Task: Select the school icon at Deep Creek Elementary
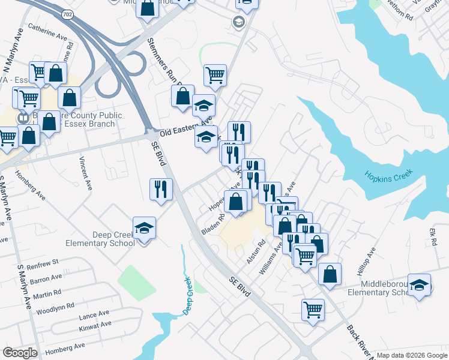click(x=144, y=228)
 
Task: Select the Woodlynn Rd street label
click(x=55, y=305)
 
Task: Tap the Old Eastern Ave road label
click(x=179, y=129)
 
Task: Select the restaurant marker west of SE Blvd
click(x=160, y=189)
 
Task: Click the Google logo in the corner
click(x=20, y=353)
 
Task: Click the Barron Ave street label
click(x=46, y=279)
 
